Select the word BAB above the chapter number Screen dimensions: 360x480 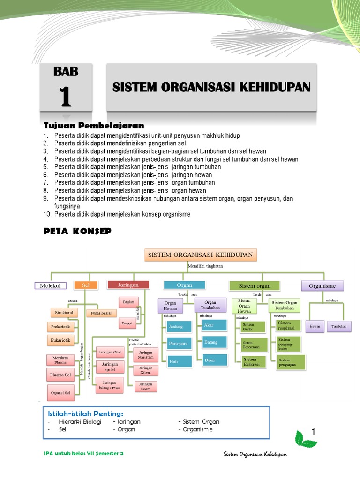tap(66, 72)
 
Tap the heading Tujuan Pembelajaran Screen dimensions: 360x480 tap(94, 126)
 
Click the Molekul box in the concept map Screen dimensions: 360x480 tap(50, 285)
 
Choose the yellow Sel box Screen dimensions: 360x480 tap(86, 285)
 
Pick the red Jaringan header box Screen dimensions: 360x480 tap(128, 284)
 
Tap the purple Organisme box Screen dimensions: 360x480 tap(322, 285)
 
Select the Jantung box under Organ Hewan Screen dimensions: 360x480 tap(177, 326)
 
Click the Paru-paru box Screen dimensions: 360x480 tap(178, 344)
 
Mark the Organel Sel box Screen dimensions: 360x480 tap(60, 392)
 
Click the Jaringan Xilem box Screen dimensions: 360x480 tap(145, 370)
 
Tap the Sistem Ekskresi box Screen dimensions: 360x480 tap(252, 361)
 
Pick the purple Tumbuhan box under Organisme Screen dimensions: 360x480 tap(339, 326)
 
